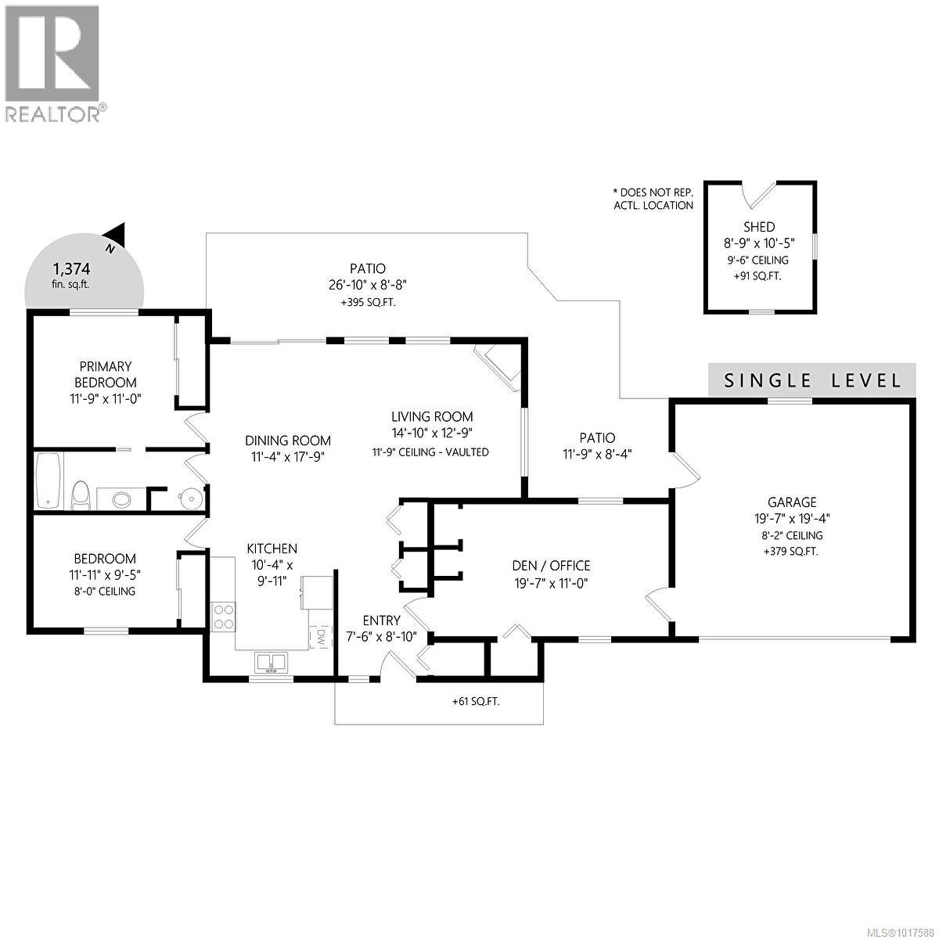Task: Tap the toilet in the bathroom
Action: (x=79, y=494)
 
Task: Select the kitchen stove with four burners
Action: (x=222, y=615)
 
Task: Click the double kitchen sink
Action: (x=271, y=662)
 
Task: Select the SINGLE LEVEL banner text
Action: (x=811, y=381)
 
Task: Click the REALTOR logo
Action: (x=52, y=63)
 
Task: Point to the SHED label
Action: (x=759, y=227)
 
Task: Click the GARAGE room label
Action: (x=793, y=502)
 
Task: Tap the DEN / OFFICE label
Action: (x=551, y=566)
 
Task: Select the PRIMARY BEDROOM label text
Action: (x=105, y=374)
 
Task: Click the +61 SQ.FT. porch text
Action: (x=476, y=701)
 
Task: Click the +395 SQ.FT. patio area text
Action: (x=368, y=302)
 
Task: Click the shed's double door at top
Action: (x=759, y=192)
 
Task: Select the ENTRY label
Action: (x=381, y=621)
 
